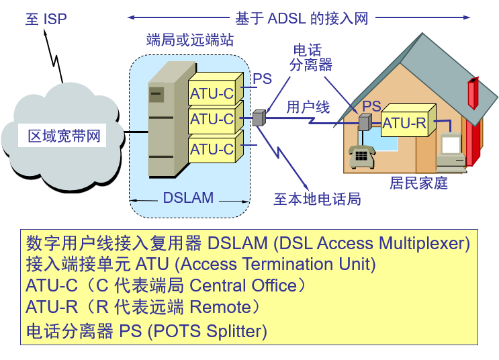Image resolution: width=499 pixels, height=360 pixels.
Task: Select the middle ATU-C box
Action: pos(212,120)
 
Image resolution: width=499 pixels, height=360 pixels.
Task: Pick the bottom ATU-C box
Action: pos(212,148)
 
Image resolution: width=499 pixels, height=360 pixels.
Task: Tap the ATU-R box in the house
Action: pos(404,124)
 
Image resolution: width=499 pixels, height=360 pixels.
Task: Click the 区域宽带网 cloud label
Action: pos(64,136)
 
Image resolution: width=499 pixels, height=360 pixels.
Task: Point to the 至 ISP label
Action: pos(46,19)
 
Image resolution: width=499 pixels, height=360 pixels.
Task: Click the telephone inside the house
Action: pos(361,156)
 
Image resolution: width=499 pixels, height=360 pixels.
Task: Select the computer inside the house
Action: pos(451,152)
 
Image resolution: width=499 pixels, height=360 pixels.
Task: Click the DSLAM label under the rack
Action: pos(188,198)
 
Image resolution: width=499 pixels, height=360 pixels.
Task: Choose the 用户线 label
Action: pos(308,107)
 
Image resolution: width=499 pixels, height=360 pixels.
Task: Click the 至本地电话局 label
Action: pos(317,199)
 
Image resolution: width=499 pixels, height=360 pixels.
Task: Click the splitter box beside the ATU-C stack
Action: pos(260,118)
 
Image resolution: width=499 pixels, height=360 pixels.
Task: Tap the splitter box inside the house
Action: pos(365,123)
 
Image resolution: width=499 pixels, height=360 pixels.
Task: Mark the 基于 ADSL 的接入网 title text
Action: pos(302,18)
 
